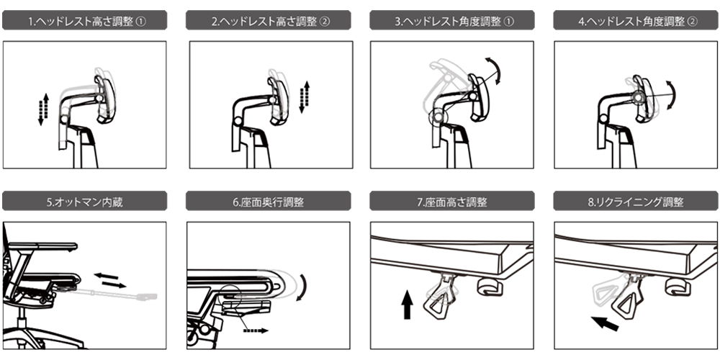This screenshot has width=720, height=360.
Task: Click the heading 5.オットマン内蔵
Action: tap(84, 202)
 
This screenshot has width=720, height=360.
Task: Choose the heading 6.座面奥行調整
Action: tap(268, 202)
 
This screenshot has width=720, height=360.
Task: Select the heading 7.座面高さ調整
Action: tap(452, 202)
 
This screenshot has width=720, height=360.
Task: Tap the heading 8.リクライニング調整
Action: tap(636, 202)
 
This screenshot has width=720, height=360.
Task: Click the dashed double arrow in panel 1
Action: tap(43, 109)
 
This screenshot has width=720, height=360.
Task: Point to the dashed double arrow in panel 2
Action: tap(304, 97)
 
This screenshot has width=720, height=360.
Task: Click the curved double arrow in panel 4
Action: tap(672, 94)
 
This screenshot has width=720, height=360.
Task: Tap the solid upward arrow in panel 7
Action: tap(407, 305)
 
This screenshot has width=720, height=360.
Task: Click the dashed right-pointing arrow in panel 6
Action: tap(256, 330)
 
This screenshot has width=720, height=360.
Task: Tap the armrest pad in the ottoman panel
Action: tap(44, 246)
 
